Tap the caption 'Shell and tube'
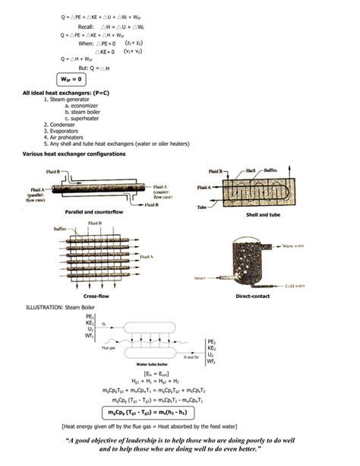pyautogui.click(x=262, y=215)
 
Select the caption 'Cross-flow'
pyautogui.click(x=98, y=296)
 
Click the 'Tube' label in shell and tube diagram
pyautogui.click(x=201, y=206)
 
